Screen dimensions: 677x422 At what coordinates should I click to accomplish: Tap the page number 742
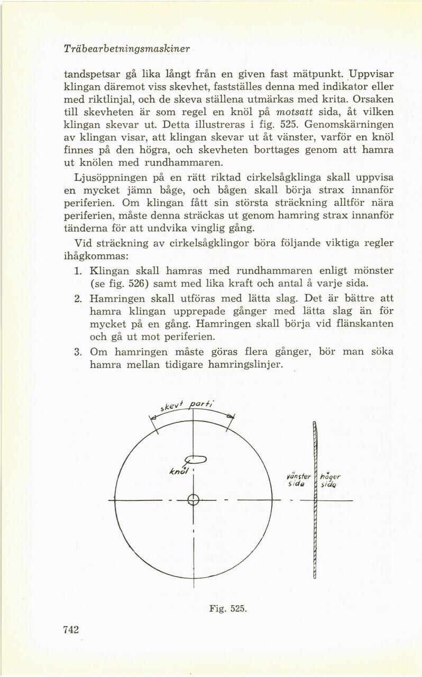click(x=71, y=629)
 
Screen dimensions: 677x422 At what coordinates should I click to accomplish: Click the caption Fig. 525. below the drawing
click(x=227, y=609)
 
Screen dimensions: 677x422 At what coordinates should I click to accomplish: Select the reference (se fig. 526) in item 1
click(x=123, y=284)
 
